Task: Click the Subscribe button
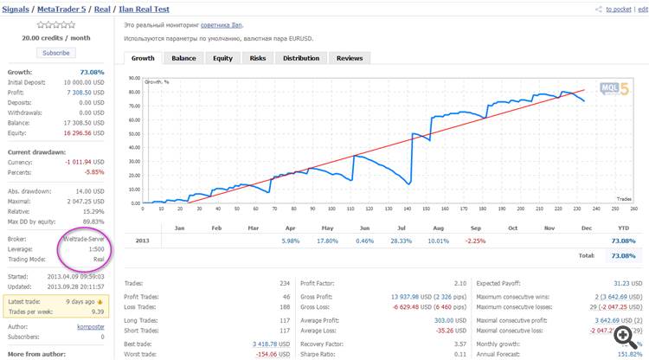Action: click(55, 53)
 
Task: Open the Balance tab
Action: click(183, 58)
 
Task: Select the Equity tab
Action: click(222, 58)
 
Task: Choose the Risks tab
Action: click(258, 58)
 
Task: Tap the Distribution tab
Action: click(301, 58)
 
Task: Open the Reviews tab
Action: click(350, 58)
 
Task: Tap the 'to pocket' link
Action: click(618, 10)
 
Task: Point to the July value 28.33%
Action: click(402, 241)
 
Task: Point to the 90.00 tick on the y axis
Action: click(134, 77)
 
